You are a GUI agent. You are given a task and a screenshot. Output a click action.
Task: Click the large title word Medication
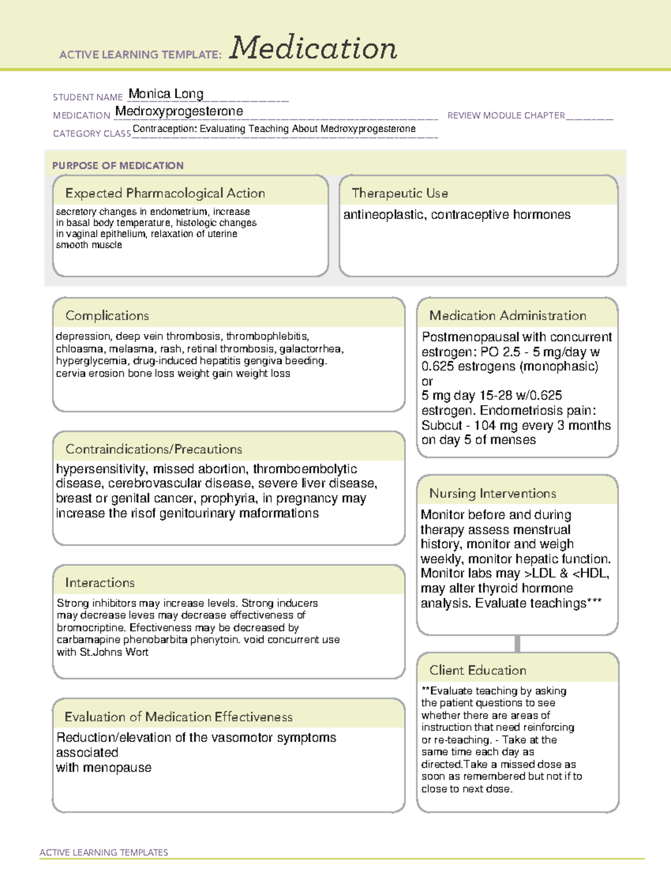click(x=313, y=48)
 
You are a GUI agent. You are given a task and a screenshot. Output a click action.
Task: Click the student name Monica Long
click(x=166, y=93)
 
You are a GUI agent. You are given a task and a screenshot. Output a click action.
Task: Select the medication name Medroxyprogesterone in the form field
click(x=179, y=111)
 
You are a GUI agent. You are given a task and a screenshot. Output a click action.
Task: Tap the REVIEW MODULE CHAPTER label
click(x=506, y=115)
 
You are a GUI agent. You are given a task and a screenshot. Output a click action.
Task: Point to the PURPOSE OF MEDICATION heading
click(x=117, y=166)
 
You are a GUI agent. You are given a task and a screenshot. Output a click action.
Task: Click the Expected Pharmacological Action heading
click(x=165, y=193)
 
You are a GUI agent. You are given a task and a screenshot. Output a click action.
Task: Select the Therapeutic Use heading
click(x=400, y=193)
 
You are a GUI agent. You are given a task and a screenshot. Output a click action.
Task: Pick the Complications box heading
click(x=107, y=316)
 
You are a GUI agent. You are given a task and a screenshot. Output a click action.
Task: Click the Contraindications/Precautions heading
click(x=154, y=449)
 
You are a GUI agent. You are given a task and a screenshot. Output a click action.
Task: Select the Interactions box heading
click(x=100, y=583)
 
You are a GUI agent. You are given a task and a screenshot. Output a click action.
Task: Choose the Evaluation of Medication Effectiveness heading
click(x=178, y=717)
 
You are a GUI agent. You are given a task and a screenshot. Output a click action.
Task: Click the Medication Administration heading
click(x=508, y=316)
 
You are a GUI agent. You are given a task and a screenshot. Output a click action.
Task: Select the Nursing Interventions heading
click(x=493, y=493)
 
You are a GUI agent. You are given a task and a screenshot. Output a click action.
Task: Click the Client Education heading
click(x=478, y=670)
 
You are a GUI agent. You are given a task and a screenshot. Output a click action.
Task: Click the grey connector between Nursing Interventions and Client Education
click(x=517, y=643)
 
